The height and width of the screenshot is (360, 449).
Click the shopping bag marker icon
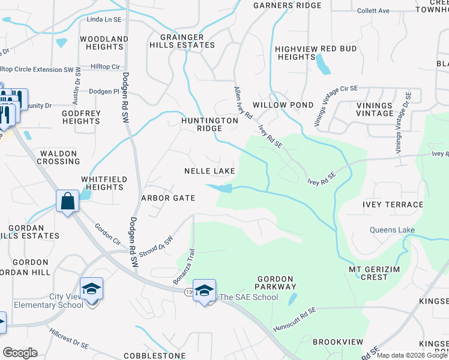click(x=68, y=201)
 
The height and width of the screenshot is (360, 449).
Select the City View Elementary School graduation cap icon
click(x=92, y=289)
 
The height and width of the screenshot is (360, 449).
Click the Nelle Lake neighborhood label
click(x=209, y=172)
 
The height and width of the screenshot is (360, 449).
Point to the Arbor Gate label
click(x=168, y=198)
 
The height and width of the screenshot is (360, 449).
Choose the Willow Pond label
click(x=283, y=105)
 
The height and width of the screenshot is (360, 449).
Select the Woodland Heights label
click(x=104, y=43)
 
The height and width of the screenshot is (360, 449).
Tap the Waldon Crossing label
click(x=59, y=157)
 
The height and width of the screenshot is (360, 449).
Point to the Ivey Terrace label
click(x=393, y=205)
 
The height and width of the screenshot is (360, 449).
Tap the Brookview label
click(x=338, y=342)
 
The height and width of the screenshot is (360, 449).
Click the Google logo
click(x=20, y=353)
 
